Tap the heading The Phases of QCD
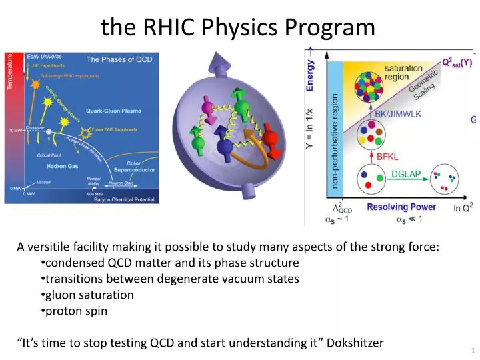119,59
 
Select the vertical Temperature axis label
10,77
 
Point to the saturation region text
403,73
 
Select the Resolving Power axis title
401,207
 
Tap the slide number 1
472,351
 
